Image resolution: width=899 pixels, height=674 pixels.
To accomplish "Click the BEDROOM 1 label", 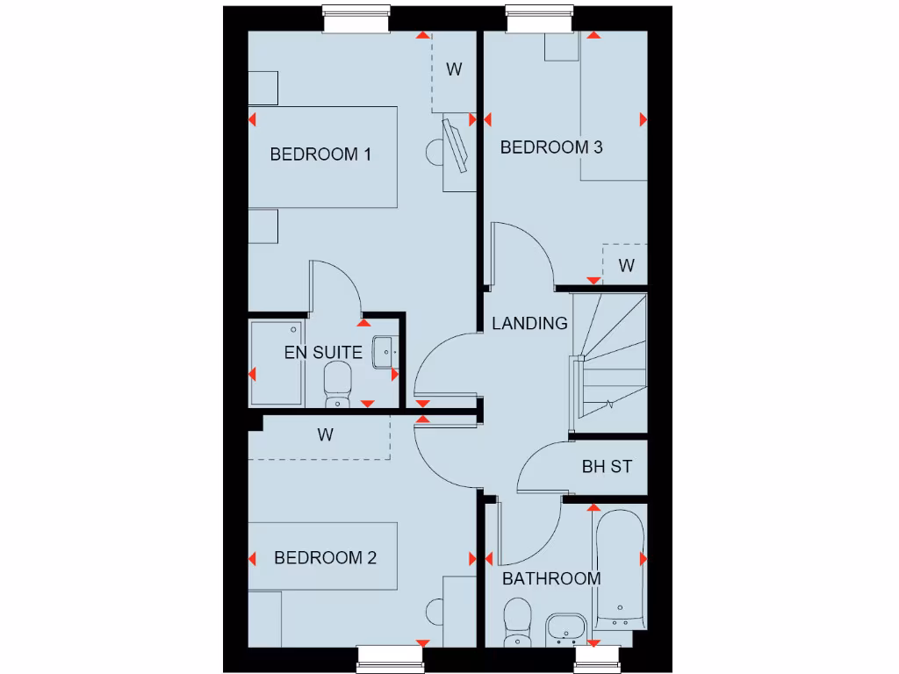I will click(x=320, y=154).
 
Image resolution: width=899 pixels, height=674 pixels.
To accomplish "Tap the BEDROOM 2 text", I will click(x=325, y=558).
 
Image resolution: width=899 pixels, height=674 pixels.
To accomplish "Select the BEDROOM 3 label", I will click(x=551, y=147).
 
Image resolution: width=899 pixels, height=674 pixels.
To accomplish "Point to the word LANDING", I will click(x=529, y=323).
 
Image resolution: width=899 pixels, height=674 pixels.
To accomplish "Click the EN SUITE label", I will click(x=323, y=353).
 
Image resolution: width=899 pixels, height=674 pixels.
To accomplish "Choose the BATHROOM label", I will click(x=551, y=578).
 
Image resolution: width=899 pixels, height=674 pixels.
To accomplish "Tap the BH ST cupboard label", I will click(x=607, y=467).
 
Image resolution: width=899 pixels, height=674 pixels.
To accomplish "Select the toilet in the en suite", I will click(x=337, y=384).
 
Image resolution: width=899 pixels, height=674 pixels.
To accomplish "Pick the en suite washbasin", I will click(x=386, y=352).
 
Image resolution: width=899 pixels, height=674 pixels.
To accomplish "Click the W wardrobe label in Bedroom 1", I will click(x=454, y=69).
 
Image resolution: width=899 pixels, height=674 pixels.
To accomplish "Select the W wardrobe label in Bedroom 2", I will click(x=326, y=434).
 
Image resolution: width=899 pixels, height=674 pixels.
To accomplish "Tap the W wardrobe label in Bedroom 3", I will click(x=626, y=265).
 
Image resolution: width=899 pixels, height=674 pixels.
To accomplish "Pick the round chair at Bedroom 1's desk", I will click(x=435, y=152).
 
